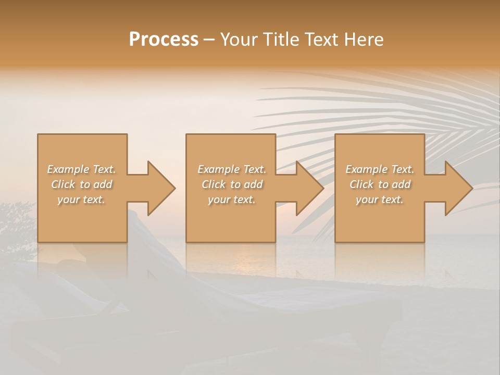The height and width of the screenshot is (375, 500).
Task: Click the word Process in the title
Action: tap(164, 40)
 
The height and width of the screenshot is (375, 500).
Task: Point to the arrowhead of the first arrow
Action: tap(161, 188)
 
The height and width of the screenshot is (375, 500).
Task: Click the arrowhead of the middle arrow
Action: tap(310, 188)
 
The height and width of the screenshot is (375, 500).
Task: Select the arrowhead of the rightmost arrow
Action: tap(459, 188)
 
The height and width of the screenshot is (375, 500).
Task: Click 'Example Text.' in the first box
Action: tap(81, 169)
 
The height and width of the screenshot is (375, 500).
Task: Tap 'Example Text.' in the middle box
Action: tap(232, 169)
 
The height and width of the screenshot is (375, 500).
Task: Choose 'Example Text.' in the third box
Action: tap(380, 169)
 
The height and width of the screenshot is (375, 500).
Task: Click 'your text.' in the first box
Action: tap(81, 199)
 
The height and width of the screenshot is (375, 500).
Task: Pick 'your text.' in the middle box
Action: tap(232, 199)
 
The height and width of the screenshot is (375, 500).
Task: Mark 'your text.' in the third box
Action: tap(380, 199)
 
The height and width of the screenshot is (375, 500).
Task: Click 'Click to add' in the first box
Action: tap(81, 184)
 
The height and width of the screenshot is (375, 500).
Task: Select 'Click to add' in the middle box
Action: tap(232, 184)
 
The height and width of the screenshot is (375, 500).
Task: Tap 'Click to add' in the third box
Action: tap(380, 184)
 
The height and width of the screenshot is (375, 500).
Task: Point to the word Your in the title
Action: tap(239, 40)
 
